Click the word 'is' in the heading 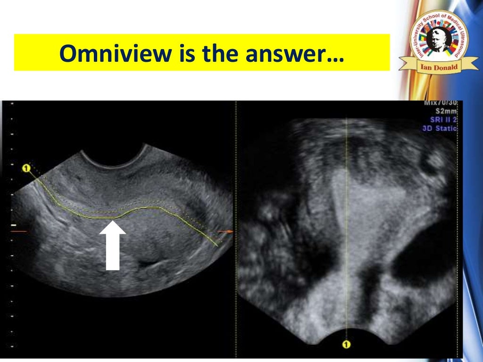pyautogui.click(x=183, y=53)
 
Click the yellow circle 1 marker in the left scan pyautogui.click(x=26, y=168)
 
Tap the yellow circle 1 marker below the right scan pyautogui.click(x=346, y=345)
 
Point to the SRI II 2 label pyautogui.click(x=443, y=120)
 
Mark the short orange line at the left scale pyautogui.click(x=20, y=231)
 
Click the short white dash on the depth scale pyautogui.click(x=13, y=226)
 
